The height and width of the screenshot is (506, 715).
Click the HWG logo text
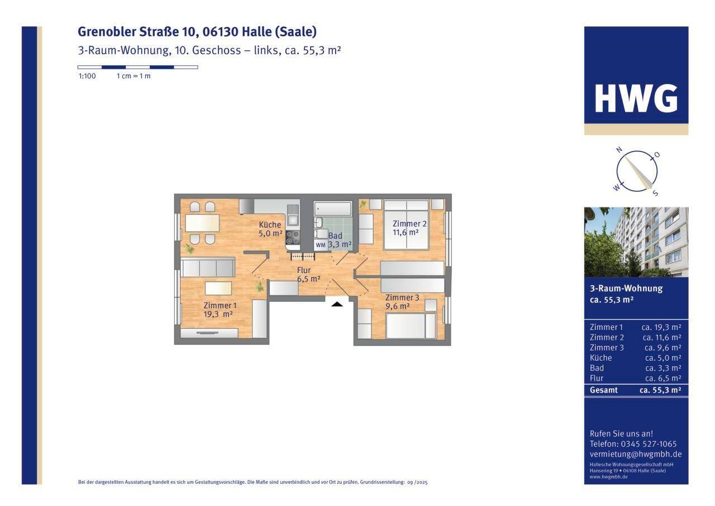coord(636,98)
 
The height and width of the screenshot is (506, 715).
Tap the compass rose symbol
coord(636,172)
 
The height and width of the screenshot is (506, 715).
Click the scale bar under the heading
coord(138,67)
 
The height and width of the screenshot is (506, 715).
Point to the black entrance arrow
coord(337,304)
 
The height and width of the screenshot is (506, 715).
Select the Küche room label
coord(270,229)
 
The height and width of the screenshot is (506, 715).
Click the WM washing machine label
coord(321,245)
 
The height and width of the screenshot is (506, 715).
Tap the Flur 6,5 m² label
coord(308,275)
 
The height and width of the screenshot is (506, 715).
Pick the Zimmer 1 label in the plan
coord(220,310)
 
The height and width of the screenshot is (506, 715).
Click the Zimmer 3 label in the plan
coord(402,302)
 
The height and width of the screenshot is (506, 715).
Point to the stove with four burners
coord(293,238)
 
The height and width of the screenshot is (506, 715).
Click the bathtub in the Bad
coord(332,209)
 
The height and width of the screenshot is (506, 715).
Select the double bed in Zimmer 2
coord(406,225)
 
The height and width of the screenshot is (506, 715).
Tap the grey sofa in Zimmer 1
coord(208,268)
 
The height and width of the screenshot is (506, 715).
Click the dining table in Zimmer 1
coord(202,223)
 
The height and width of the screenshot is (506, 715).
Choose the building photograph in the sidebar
coord(636,242)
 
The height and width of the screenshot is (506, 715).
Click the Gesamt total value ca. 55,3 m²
coord(660,390)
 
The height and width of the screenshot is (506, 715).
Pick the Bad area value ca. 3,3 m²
coord(663,368)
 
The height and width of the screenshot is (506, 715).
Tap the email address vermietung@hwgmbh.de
coord(636,454)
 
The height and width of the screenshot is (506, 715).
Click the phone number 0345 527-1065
coord(649,444)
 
